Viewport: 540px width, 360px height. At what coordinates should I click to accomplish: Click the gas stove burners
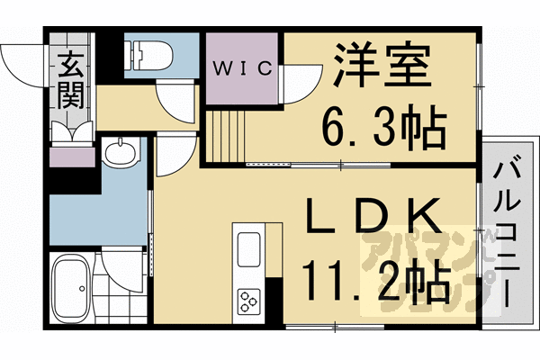pos(247,299)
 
